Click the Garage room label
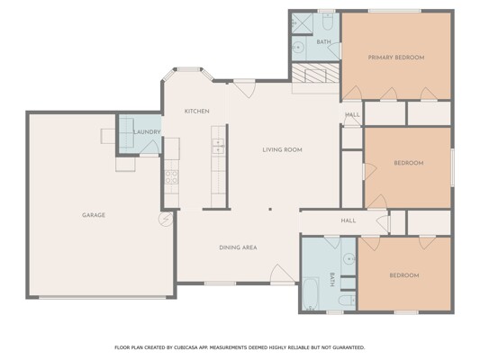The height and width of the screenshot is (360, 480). [94, 215]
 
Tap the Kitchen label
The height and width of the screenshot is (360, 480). [197, 112]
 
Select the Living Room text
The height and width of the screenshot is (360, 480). [282, 150]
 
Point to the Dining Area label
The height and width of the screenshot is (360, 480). [238, 247]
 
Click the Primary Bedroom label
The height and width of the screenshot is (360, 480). [396, 58]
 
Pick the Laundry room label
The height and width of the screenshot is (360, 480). [147, 131]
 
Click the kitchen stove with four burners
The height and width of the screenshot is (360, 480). [172, 177]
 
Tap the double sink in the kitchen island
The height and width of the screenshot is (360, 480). [218, 146]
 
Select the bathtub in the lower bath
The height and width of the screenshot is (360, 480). [310, 293]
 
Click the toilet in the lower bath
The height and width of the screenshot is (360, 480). [347, 301]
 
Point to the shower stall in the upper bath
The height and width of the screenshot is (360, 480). [302, 23]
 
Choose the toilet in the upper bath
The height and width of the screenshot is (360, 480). [327, 22]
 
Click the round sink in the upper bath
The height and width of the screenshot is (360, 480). [297, 48]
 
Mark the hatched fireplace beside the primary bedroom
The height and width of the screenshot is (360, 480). [315, 73]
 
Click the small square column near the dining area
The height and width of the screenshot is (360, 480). [270, 210]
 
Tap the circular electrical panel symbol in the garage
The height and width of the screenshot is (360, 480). [166, 219]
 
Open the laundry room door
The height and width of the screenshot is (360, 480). [149, 148]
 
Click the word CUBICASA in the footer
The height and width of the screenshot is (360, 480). [186, 347]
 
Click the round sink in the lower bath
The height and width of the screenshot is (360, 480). [349, 259]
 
